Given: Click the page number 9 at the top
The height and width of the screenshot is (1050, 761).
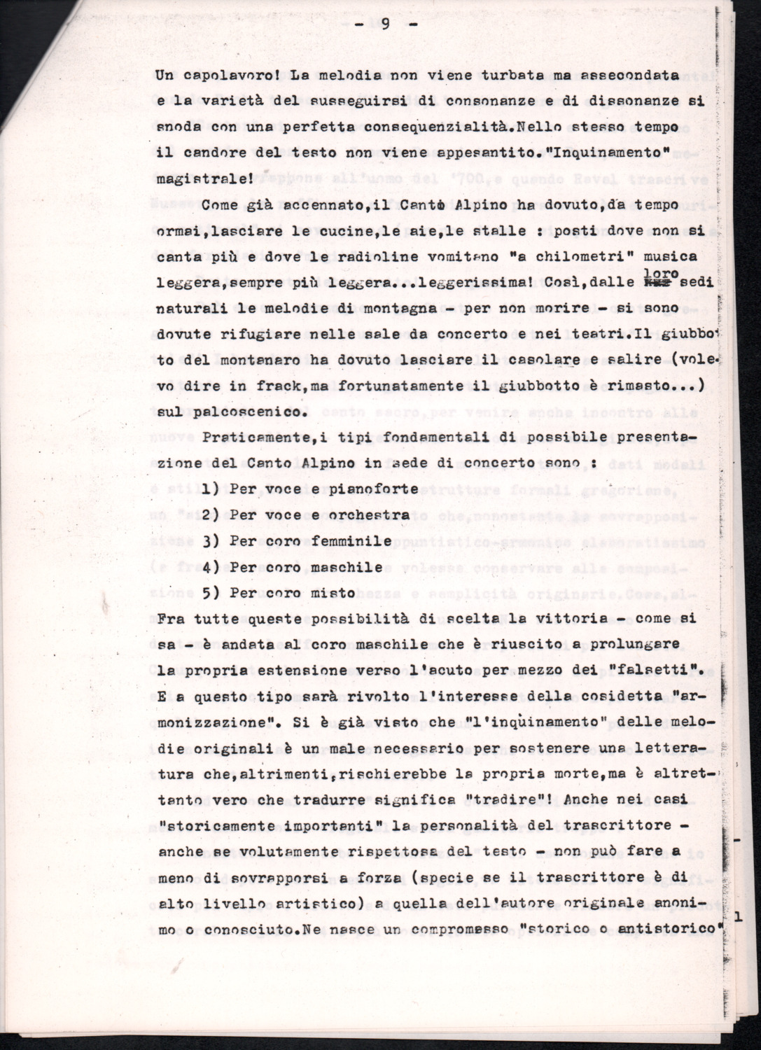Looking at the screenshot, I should pos(385,24).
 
